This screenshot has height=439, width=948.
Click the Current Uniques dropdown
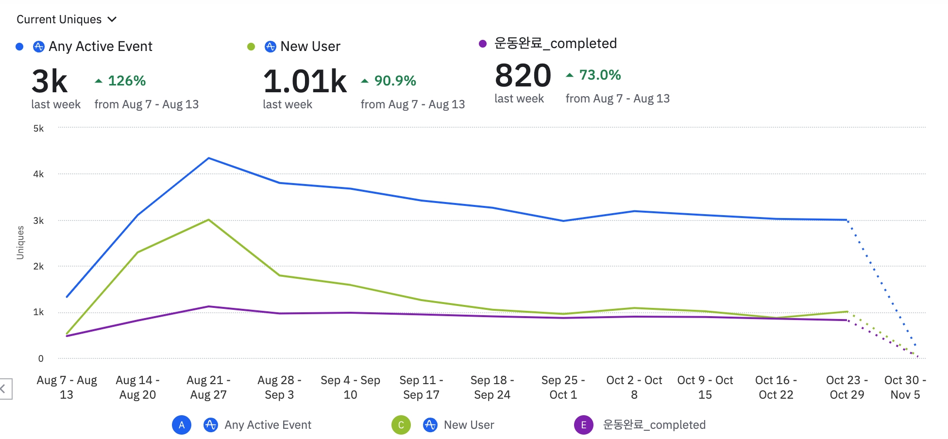click(67, 19)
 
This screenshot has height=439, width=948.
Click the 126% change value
click(126, 81)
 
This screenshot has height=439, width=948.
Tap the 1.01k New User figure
click(305, 81)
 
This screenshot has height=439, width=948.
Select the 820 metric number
click(523, 76)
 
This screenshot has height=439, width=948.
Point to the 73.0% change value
click(600, 75)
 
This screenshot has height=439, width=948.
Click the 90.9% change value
click(395, 81)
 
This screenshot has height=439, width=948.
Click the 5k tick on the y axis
click(38, 128)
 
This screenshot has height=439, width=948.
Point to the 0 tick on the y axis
click(41, 358)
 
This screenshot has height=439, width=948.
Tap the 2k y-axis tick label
click(38, 266)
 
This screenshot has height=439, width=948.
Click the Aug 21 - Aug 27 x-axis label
click(208, 387)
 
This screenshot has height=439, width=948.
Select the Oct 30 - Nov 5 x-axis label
click(905, 387)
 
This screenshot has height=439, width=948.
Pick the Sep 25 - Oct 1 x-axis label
click(563, 387)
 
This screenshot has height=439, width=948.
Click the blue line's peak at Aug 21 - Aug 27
click(208, 158)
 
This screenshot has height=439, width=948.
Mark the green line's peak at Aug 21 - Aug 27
click(208, 220)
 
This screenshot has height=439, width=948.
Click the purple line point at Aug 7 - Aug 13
click(67, 336)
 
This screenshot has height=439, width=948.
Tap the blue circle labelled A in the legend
click(181, 425)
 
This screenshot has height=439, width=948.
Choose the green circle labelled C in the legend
click(401, 425)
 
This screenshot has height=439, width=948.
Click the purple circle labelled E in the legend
click(583, 425)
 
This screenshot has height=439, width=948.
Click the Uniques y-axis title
click(20, 242)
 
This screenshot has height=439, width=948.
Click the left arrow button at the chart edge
click(4, 388)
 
